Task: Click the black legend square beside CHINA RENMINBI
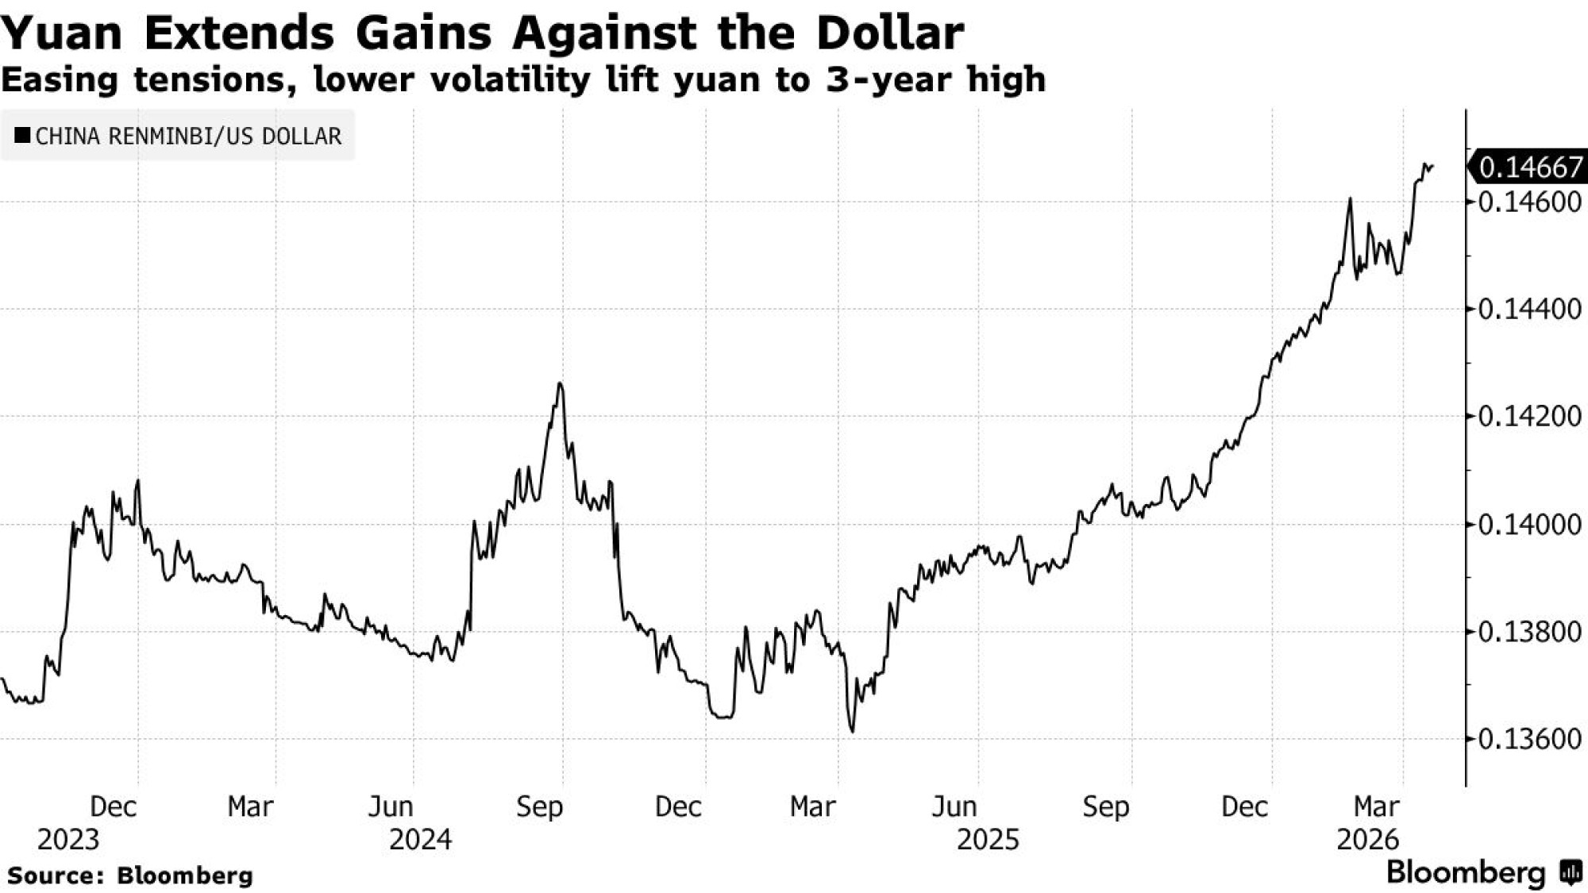click(23, 136)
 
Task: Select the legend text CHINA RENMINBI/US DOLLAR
click(189, 137)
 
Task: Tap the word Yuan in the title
click(62, 34)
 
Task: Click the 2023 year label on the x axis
click(68, 840)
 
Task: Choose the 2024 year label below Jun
click(420, 840)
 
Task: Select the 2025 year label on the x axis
click(987, 840)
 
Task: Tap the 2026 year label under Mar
click(1366, 840)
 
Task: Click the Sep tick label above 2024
click(539, 807)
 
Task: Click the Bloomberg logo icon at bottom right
click(1570, 873)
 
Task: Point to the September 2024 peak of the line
click(561, 384)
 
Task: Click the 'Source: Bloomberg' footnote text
click(130, 876)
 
